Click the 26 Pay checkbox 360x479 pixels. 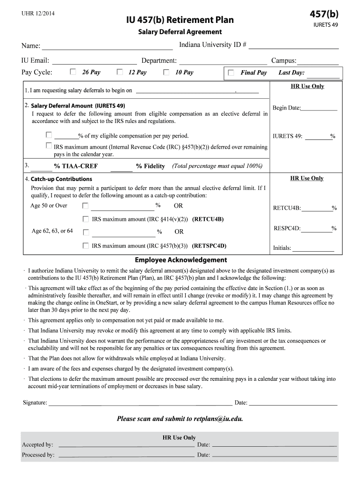click(x=72, y=72)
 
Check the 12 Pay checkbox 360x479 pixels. click(x=120, y=72)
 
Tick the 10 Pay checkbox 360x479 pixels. click(x=166, y=72)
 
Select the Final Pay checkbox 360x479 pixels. click(x=231, y=73)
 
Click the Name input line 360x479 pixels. click(x=107, y=46)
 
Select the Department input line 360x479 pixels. click(x=223, y=61)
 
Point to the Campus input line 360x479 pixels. click(x=318, y=61)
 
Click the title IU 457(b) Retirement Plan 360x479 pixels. click(x=180, y=20)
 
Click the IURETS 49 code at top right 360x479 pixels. click(x=325, y=25)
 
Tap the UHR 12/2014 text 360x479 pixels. click(x=38, y=13)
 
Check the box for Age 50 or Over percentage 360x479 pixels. click(x=85, y=206)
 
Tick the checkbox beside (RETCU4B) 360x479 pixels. click(x=85, y=219)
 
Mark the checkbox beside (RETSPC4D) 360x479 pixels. click(x=85, y=246)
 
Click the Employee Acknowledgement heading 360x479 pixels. click(x=180, y=260)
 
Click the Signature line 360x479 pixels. click(x=140, y=403)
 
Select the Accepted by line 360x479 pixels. click(x=126, y=445)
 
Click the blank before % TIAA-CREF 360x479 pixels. click(x=42, y=167)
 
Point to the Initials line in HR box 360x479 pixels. click(x=313, y=249)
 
